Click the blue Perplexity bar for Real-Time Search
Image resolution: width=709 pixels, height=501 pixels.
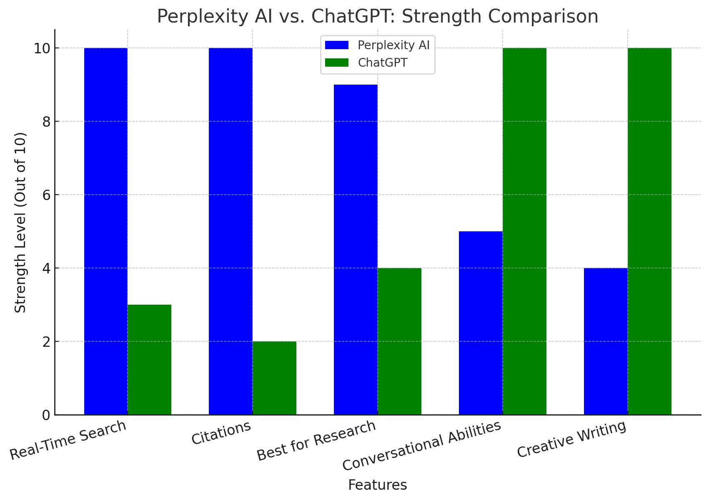click(x=106, y=231)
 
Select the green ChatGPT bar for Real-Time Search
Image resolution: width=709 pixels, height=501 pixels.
click(x=149, y=360)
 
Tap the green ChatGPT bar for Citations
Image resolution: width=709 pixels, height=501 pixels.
click(x=274, y=378)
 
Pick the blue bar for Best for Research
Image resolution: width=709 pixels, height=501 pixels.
click(x=356, y=250)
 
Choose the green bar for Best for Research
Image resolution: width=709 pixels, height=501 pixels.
click(x=399, y=341)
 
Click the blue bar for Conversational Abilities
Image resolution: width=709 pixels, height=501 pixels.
click(x=481, y=323)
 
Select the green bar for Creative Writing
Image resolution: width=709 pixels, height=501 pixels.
click(x=649, y=231)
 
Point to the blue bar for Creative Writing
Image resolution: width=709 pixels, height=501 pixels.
click(x=606, y=341)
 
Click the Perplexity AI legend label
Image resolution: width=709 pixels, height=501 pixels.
click(x=393, y=45)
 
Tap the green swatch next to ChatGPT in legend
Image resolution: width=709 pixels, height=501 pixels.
click(x=337, y=63)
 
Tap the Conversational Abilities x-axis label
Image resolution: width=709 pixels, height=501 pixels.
click(x=421, y=446)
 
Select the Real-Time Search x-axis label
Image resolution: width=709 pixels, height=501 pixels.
click(x=68, y=440)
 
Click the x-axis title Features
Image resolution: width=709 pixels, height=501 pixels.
click(x=377, y=485)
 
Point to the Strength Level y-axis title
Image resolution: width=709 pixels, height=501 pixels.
click(x=20, y=222)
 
